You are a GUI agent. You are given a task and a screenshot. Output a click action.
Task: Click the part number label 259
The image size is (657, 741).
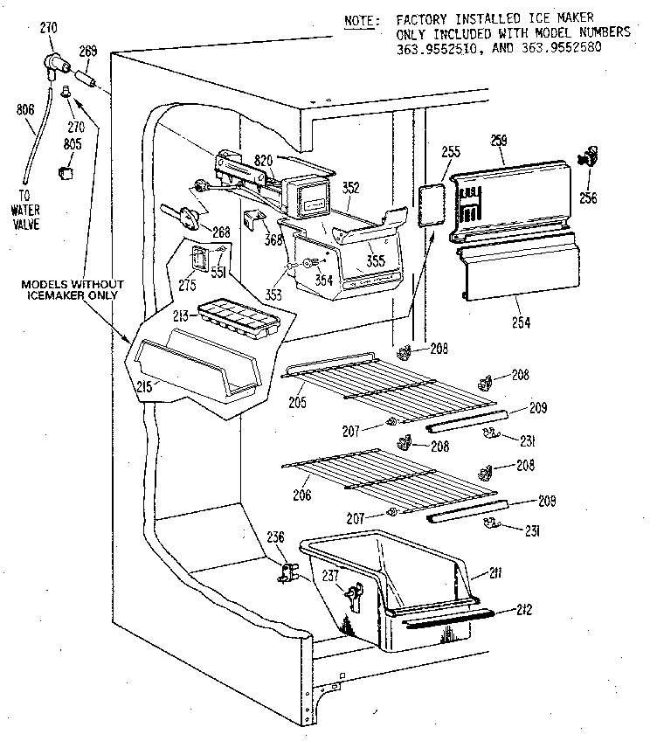coord(499,140)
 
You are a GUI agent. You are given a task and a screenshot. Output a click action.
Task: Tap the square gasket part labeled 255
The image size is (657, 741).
coord(429,206)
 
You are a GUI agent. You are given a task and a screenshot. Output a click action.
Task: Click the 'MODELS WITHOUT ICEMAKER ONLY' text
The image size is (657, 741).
coord(73,290)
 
